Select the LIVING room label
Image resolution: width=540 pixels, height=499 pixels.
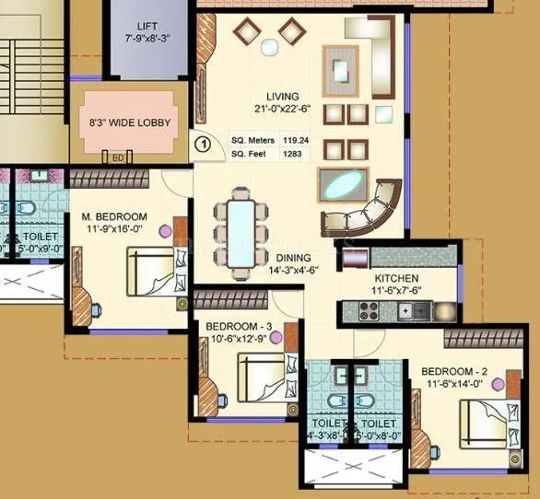coord(284,96)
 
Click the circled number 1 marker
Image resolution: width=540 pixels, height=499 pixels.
coord(203,143)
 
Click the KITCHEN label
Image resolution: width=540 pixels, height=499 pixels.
coord(396,278)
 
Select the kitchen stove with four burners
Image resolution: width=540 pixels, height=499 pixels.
coord(372,311)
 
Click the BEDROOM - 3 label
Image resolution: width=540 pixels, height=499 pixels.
coord(237,327)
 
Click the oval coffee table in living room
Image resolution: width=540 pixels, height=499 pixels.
coord(342,186)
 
